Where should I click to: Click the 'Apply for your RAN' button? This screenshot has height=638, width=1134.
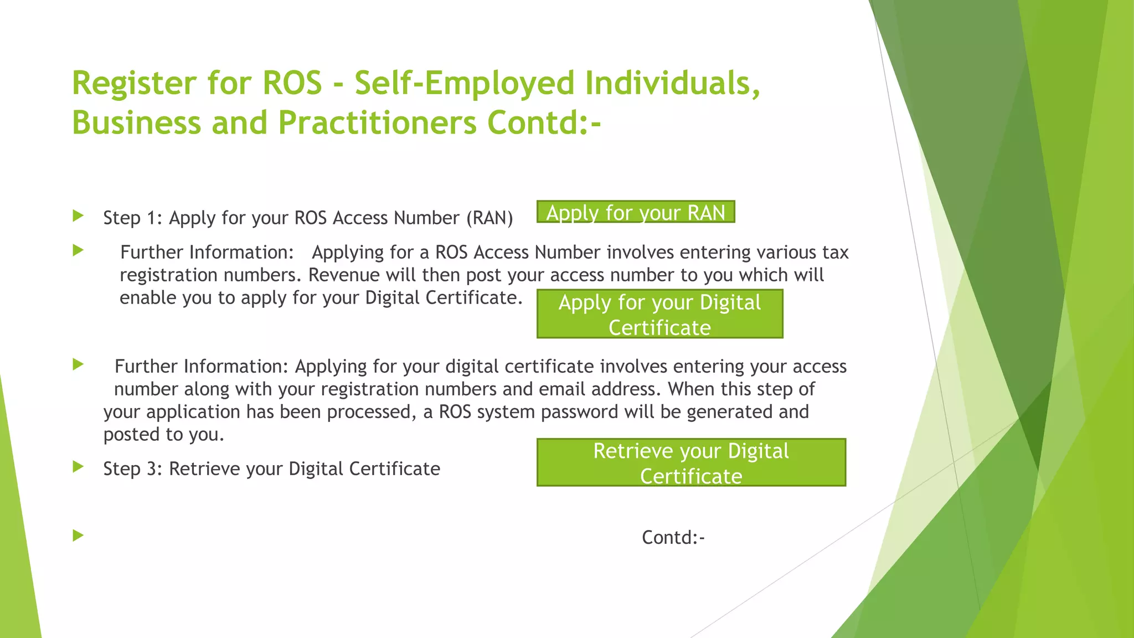pyautogui.click(x=636, y=212)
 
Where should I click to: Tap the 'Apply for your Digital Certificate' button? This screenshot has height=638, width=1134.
pyautogui.click(x=659, y=314)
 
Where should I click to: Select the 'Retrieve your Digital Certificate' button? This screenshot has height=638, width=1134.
pyautogui.click(x=691, y=463)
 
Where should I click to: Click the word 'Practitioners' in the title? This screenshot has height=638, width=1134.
pyautogui.click(x=377, y=122)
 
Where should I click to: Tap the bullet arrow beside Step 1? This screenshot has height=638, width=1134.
pyautogui.click(x=78, y=215)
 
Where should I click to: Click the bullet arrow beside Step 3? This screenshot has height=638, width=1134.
pyautogui.click(x=78, y=467)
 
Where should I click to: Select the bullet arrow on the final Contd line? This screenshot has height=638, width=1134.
pyautogui.click(x=78, y=535)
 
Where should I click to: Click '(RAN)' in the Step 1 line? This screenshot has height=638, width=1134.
pyautogui.click(x=489, y=218)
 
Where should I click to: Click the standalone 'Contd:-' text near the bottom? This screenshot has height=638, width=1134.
pyautogui.click(x=673, y=538)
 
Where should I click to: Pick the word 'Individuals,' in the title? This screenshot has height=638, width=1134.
pyautogui.click(x=672, y=84)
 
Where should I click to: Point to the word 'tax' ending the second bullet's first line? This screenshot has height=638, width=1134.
pyautogui.click(x=835, y=253)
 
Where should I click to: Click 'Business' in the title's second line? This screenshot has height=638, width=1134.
pyautogui.click(x=136, y=122)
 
